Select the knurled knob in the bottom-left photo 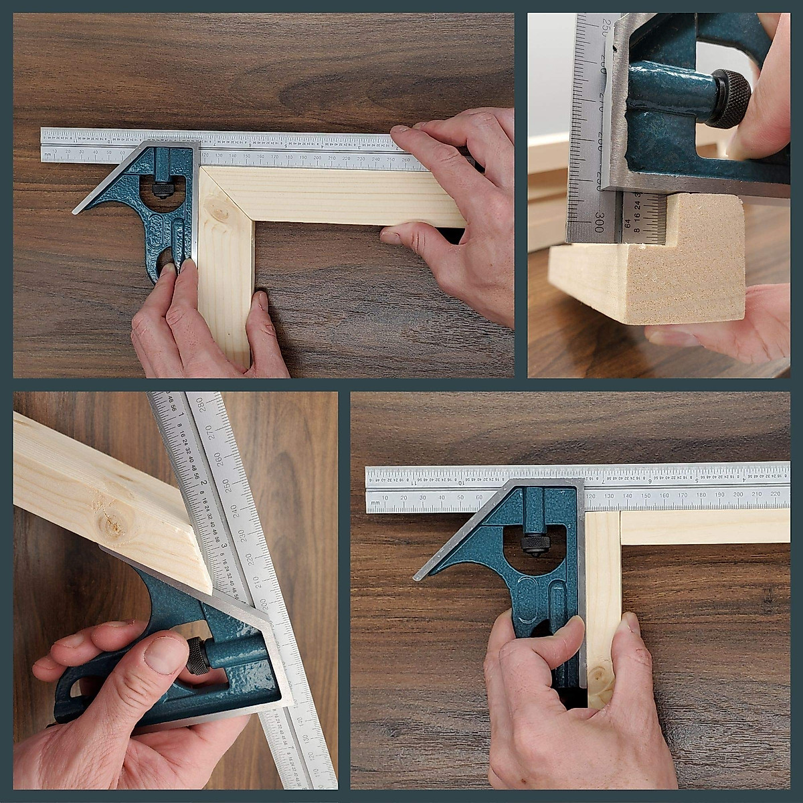click(x=197, y=655)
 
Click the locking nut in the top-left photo click(x=161, y=189)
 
